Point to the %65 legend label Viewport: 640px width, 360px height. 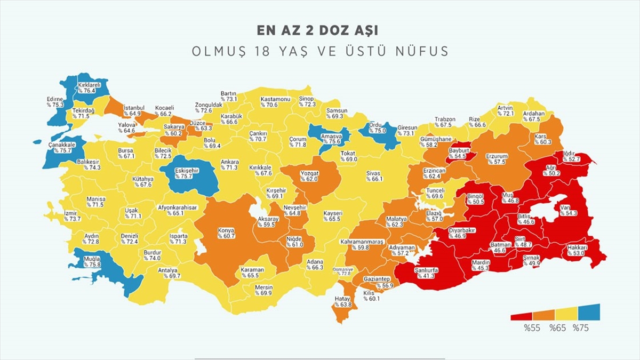tap(556, 328)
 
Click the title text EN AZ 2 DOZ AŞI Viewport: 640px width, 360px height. tap(319, 30)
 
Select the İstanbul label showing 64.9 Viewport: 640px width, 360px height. tap(133, 110)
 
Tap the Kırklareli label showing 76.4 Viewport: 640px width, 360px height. tap(87, 87)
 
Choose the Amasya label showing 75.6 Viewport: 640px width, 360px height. tap(331, 139)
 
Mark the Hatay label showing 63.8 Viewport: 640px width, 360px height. tap(343, 302)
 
